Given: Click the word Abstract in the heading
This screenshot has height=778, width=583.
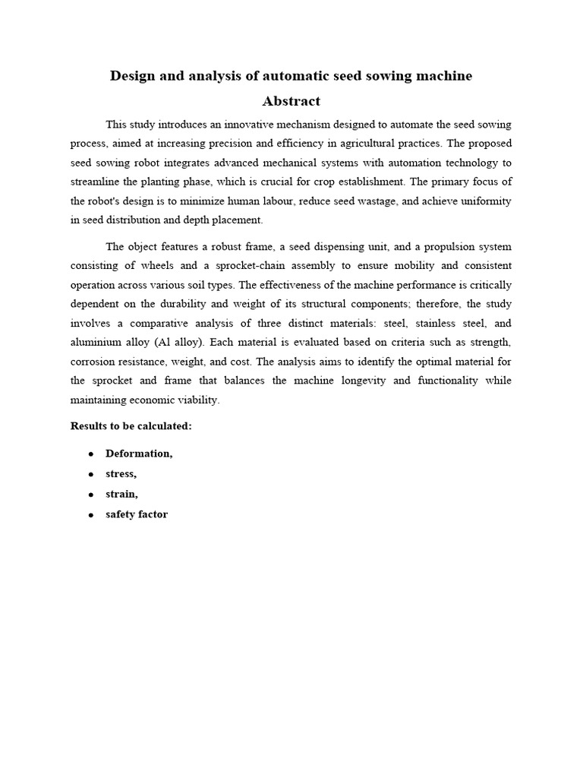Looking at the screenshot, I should point(291,101).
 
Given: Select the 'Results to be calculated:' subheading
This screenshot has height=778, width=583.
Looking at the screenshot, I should point(131,426).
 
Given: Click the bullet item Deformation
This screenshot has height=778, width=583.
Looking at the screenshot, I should point(139,454).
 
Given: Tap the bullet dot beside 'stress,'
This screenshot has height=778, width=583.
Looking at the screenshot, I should point(90,474).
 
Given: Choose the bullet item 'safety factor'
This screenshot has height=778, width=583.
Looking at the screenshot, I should point(137,514).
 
